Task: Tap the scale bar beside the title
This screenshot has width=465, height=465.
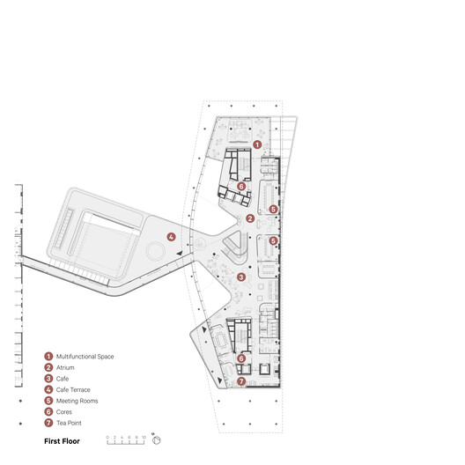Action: coord(124,438)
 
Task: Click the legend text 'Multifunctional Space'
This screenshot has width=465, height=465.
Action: coord(85,357)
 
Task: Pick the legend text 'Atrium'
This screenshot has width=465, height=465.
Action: coord(65,367)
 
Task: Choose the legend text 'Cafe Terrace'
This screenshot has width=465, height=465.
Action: coord(73,389)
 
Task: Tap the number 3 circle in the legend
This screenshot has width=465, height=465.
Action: coord(48,379)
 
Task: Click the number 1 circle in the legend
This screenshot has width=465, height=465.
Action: coord(48,357)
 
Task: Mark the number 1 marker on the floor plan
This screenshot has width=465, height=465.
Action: coord(256,144)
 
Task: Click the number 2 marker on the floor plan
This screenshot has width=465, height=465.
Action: coord(250,218)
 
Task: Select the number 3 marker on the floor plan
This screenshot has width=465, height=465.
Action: coord(240,277)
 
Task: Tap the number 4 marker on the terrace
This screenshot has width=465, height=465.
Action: coord(172,236)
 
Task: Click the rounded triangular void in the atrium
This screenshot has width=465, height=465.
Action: coord(232,243)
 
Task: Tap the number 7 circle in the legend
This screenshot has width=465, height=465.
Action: coord(48,423)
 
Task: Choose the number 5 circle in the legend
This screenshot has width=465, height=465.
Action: coord(48,401)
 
